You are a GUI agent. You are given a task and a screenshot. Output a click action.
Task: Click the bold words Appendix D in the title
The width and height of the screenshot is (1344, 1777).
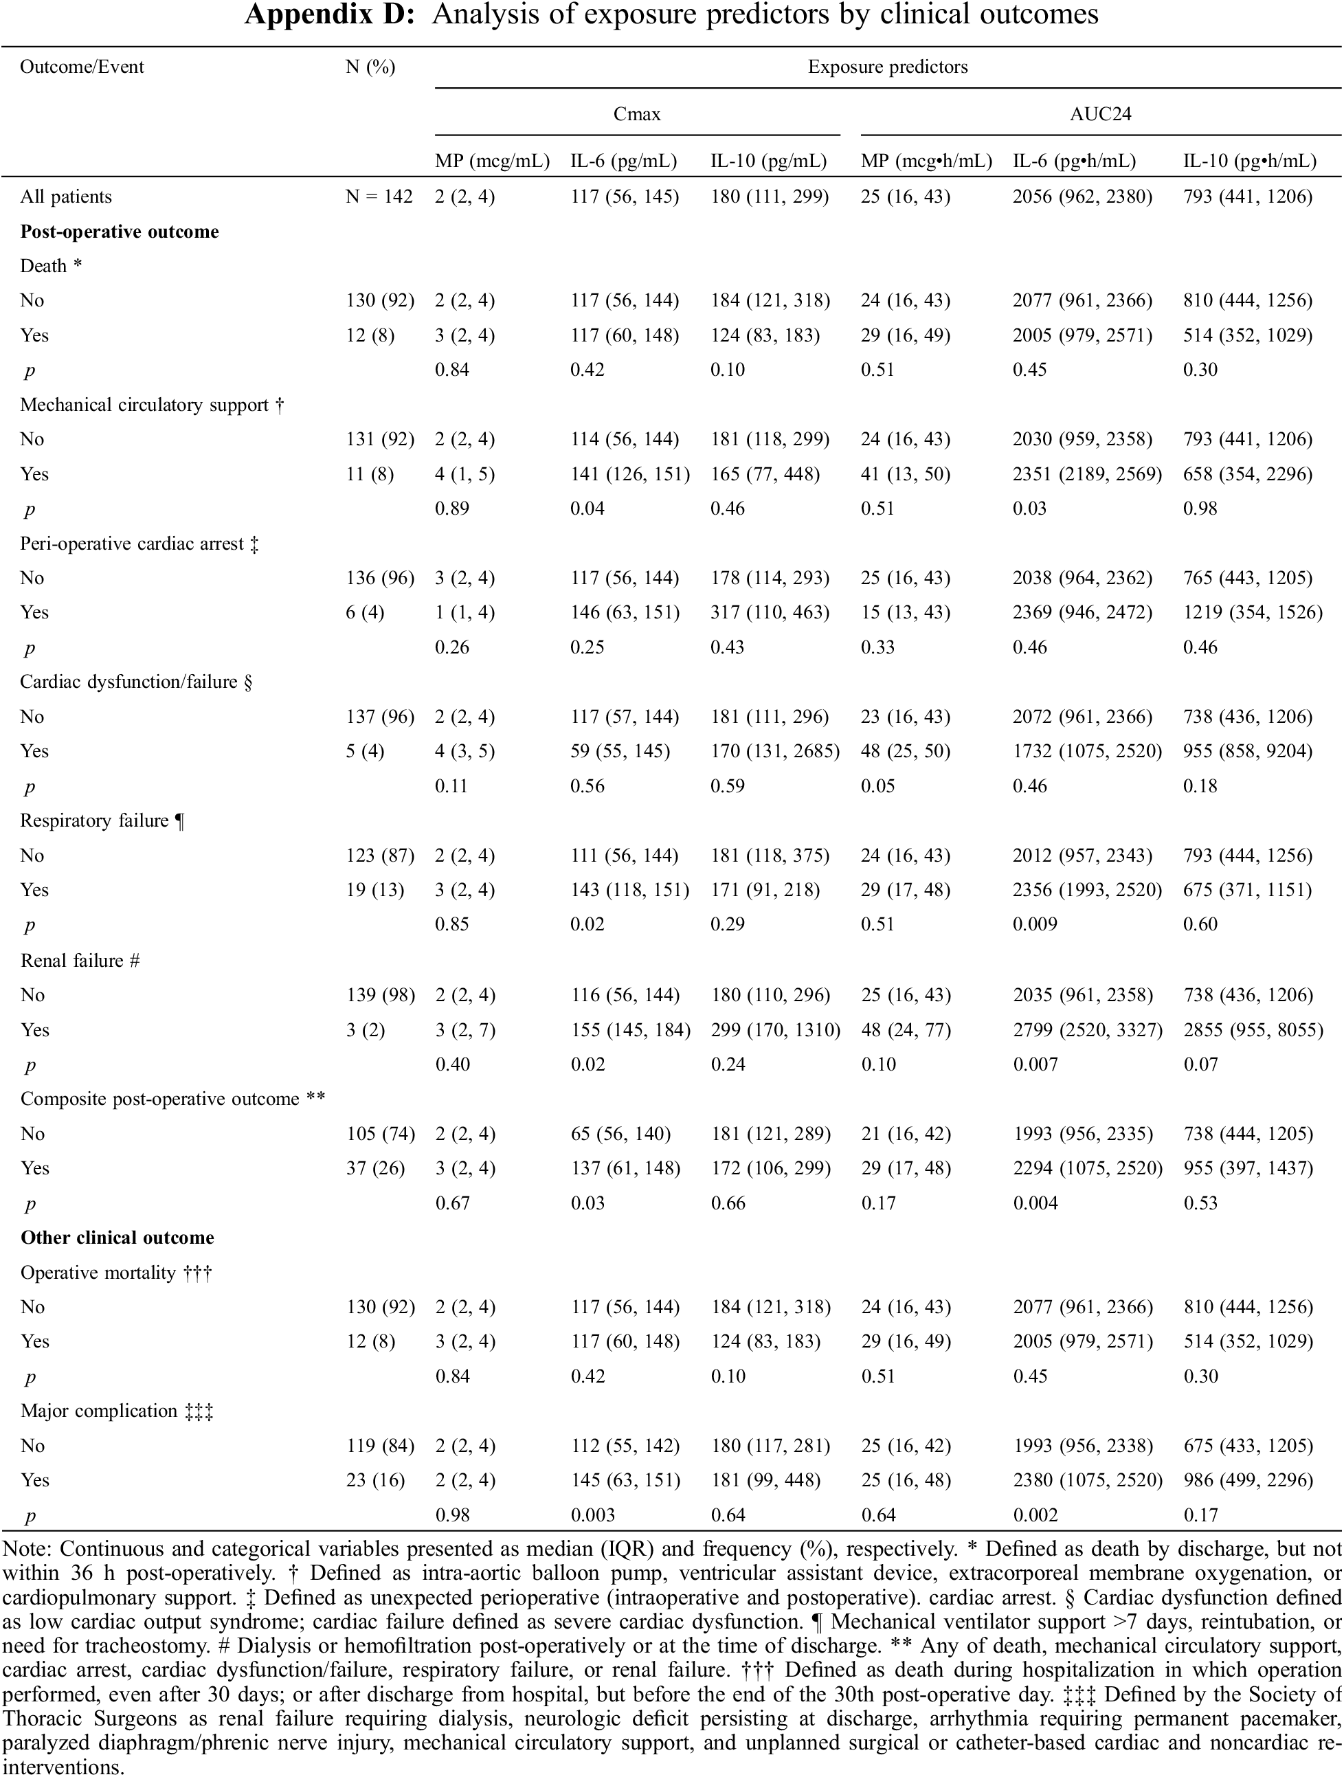point(332,14)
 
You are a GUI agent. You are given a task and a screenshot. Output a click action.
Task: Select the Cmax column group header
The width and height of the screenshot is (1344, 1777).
point(636,114)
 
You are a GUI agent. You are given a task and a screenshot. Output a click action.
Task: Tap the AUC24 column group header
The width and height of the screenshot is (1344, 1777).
point(1100,114)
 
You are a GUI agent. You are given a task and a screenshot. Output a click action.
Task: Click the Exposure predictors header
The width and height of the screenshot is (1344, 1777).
point(888,67)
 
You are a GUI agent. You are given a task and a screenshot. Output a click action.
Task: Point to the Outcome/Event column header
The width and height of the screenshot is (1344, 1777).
point(82,67)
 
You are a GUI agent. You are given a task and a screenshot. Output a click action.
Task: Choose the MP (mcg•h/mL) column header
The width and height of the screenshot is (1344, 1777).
point(926,161)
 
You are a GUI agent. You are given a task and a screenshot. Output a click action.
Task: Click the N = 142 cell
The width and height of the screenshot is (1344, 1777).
point(379,197)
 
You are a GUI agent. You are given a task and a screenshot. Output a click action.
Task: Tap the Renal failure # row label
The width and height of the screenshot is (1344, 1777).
point(80,960)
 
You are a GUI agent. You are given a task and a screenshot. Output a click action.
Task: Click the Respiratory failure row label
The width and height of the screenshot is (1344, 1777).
point(102,821)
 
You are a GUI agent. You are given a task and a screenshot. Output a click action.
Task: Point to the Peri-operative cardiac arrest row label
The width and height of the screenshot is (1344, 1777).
point(139,544)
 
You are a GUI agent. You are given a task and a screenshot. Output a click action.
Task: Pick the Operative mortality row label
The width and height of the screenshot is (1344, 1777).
point(115,1273)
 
